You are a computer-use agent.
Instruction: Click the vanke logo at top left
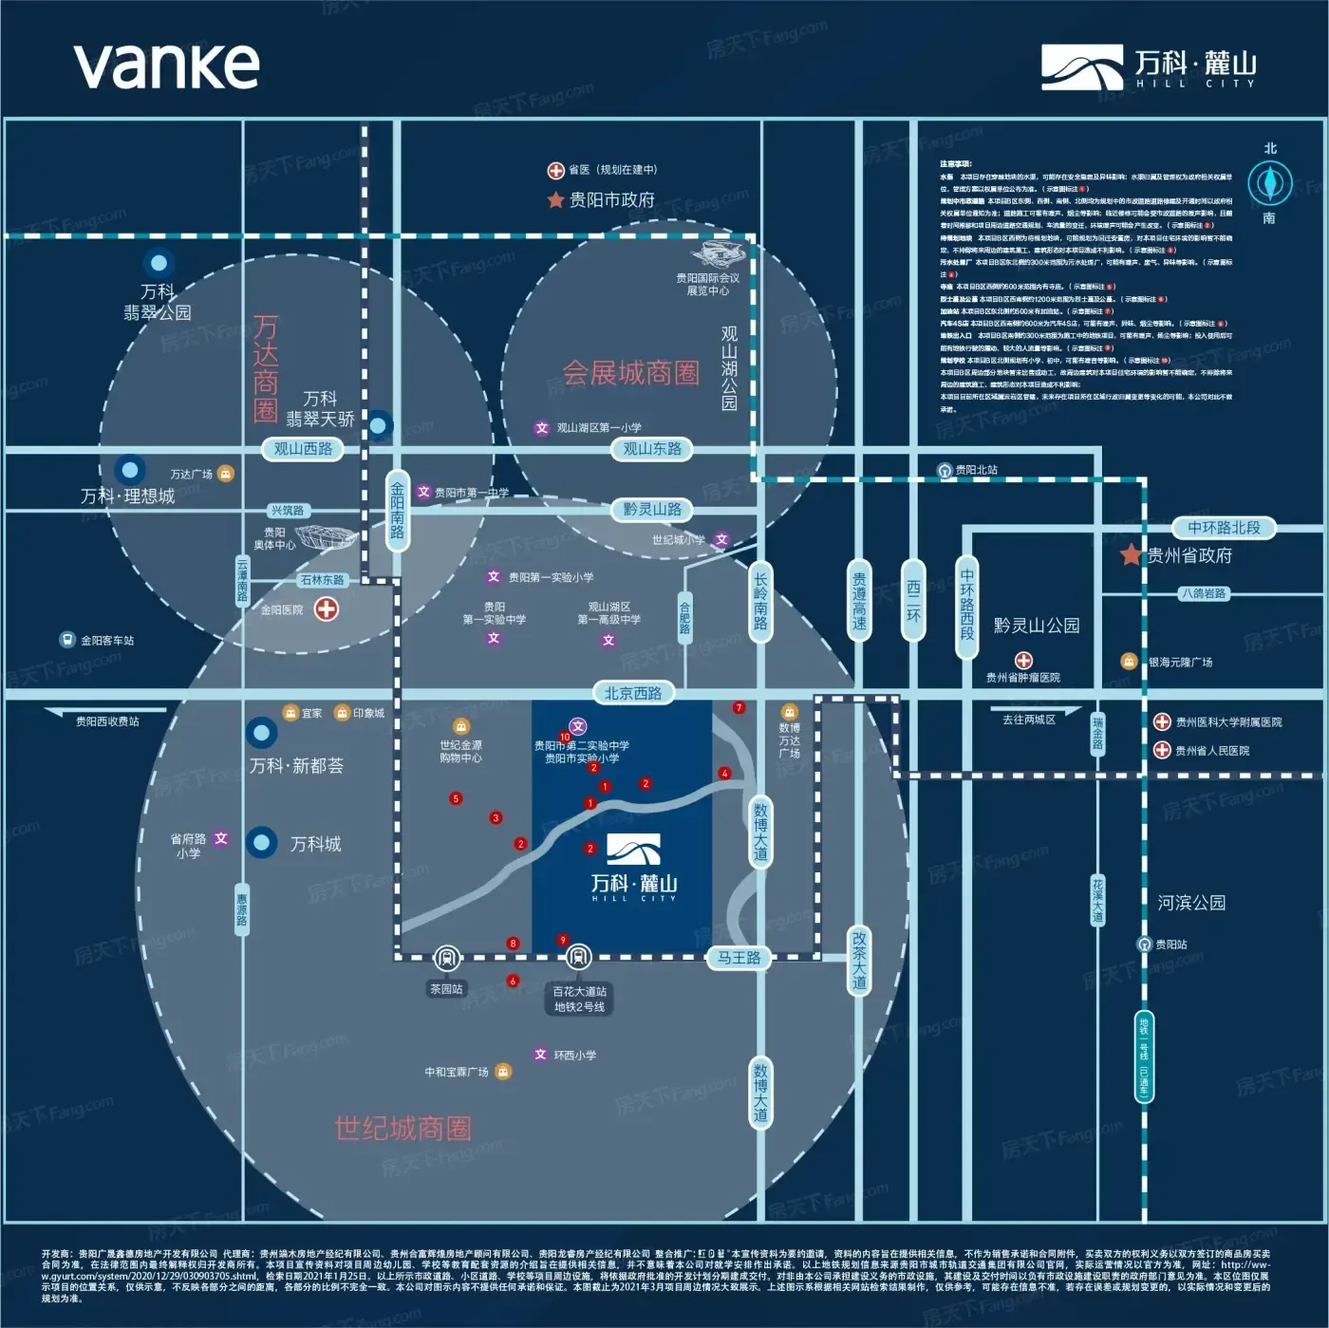[166, 65]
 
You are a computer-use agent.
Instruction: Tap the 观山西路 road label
[303, 449]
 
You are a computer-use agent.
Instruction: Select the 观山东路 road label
[652, 449]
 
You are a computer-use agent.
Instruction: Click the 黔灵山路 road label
[652, 510]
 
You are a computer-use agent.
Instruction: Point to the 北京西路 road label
[633, 694]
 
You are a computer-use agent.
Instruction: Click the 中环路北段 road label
[1224, 528]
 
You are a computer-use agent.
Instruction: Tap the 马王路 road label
[739, 958]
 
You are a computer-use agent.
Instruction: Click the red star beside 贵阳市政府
[556, 199]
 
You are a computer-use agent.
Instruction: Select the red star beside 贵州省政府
[1131, 555]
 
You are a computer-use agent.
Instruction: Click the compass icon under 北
[1269, 181]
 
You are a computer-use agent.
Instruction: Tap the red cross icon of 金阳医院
[327, 608]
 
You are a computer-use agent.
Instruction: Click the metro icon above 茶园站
[446, 958]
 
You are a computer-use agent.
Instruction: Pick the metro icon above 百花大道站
[579, 957]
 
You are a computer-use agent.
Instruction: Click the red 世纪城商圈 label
[402, 1129]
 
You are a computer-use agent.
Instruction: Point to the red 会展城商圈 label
[630, 373]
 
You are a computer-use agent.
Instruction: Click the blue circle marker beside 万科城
[262, 842]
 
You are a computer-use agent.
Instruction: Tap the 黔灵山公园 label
[1037, 626]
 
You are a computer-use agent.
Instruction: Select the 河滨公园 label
[1191, 903]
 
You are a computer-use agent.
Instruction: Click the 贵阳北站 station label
[976, 470]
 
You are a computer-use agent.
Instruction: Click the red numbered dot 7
[739, 707]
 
